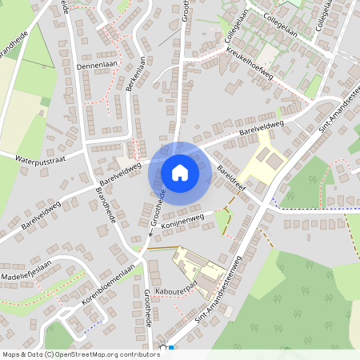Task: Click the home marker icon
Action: coord(179,172)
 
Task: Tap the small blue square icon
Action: coord(170,347)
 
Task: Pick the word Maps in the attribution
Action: coord(12,354)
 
